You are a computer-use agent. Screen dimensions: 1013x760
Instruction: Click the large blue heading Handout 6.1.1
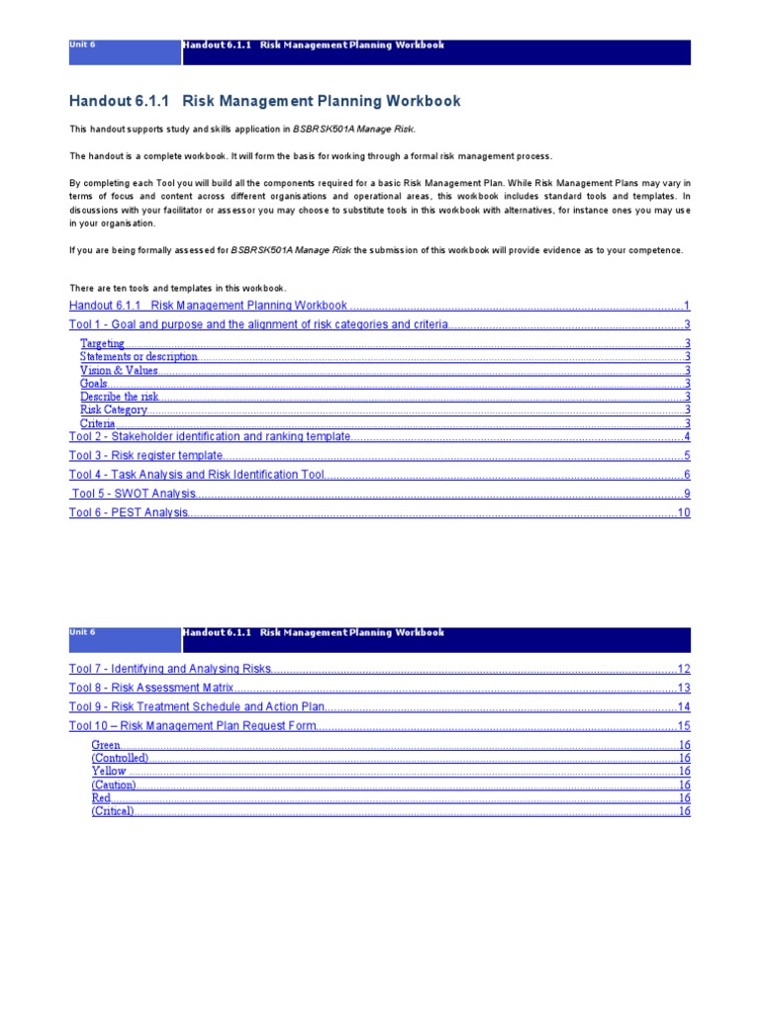[264, 102]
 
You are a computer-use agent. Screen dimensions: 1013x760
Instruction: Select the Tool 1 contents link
[258, 324]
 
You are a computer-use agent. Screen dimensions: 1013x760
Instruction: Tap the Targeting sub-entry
[102, 343]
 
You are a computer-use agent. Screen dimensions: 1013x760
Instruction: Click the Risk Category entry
[114, 410]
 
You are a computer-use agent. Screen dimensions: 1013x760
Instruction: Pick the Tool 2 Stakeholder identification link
[210, 436]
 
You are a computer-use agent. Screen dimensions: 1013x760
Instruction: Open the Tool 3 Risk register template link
[144, 456]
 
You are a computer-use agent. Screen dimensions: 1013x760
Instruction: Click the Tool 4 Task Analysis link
[197, 475]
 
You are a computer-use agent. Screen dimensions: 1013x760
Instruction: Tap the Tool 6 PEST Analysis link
[128, 512]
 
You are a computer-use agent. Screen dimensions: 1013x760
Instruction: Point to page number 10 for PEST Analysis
[683, 512]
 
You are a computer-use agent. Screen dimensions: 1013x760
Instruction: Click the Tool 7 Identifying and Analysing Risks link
[169, 669]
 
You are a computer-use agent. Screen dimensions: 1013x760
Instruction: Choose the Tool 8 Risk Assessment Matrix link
[151, 688]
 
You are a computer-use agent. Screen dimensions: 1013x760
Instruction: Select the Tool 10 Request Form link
[193, 725]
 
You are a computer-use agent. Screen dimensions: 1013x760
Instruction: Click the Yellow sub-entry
[109, 771]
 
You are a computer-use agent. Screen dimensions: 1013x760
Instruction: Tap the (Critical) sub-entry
[112, 811]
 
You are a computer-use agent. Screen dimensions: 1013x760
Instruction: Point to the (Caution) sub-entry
[114, 784]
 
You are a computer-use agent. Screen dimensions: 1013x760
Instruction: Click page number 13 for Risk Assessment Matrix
[683, 688]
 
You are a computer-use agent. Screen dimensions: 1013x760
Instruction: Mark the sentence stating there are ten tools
[177, 288]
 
